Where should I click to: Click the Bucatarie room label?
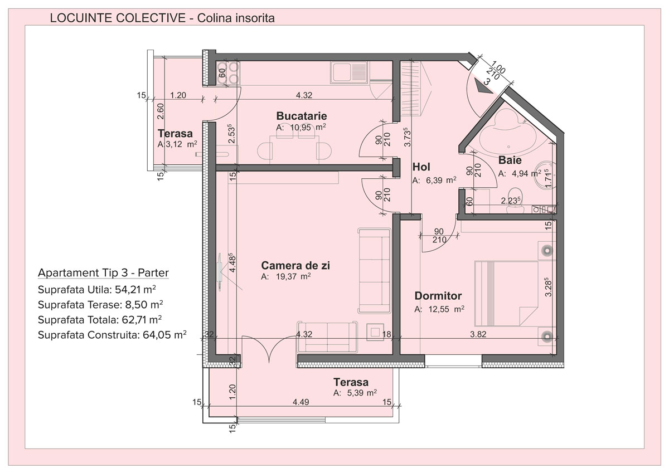click(x=302, y=116)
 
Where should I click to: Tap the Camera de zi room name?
click(x=295, y=265)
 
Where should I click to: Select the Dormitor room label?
click(x=438, y=296)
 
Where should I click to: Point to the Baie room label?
click(x=510, y=160)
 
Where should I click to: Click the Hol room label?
click(x=421, y=167)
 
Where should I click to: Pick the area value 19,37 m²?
click(x=293, y=277)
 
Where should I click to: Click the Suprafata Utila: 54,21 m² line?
click(x=97, y=290)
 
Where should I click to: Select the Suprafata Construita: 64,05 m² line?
click(x=112, y=335)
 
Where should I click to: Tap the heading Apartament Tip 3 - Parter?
click(x=103, y=272)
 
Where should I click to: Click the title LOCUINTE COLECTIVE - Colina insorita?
click(x=162, y=18)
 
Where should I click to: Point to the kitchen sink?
click(x=349, y=72)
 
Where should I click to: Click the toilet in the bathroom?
click(x=515, y=200)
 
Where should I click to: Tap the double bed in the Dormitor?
click(x=507, y=294)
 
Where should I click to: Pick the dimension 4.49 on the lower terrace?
click(x=300, y=402)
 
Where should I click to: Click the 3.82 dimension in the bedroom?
click(x=478, y=334)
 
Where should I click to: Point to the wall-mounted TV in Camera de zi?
click(x=220, y=272)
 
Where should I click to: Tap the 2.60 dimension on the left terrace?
click(x=161, y=111)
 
